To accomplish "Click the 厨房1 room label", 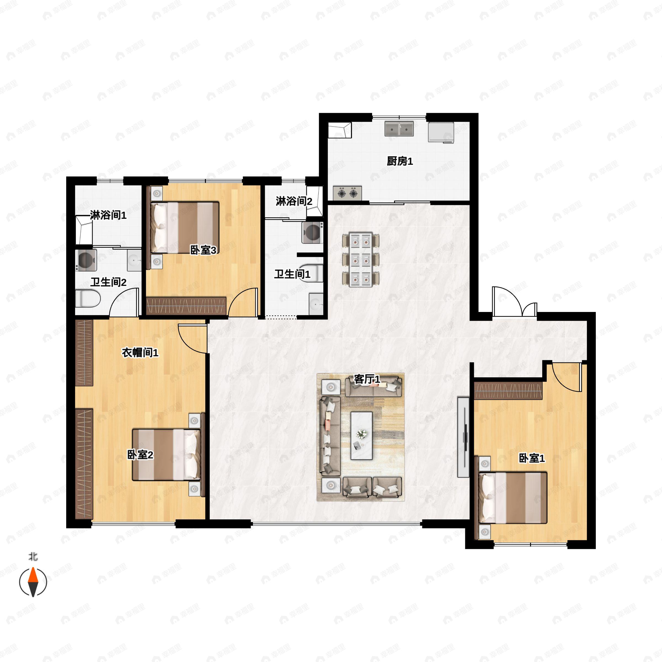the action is coord(400,161).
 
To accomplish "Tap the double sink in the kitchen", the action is coord(399,129).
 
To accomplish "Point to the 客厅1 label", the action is coord(367,379).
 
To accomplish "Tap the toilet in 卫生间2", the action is coord(87,298).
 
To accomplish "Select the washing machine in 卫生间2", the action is coord(86,260).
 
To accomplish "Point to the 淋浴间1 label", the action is coord(108,215).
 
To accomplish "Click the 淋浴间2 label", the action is coord(294,201).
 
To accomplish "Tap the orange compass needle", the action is coord(33,575).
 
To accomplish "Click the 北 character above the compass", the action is coord(33,557).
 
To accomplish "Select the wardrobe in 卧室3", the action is coord(186,306).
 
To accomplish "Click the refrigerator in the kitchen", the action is coord(441,132).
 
